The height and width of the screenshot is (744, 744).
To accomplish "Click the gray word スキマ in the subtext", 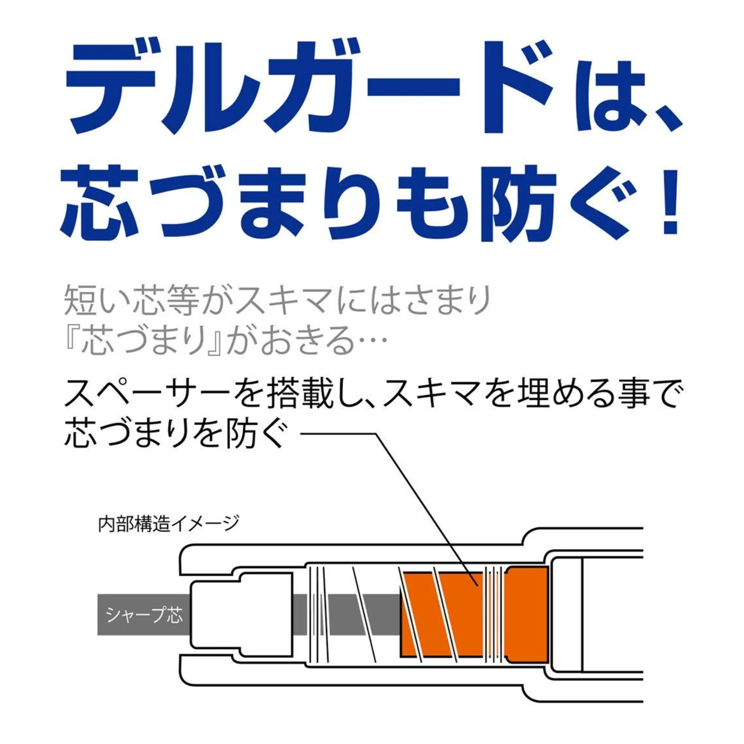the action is (x=285, y=301).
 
